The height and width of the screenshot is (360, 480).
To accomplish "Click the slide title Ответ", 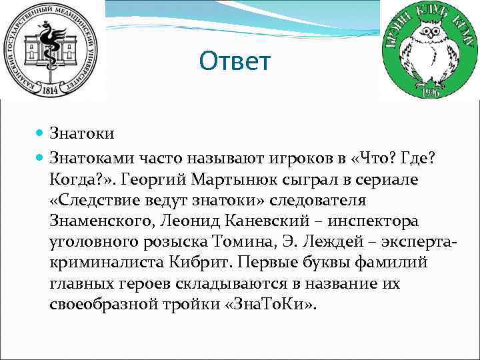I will tap(235, 62).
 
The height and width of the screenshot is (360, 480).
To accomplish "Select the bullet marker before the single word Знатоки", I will tap(41, 134).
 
